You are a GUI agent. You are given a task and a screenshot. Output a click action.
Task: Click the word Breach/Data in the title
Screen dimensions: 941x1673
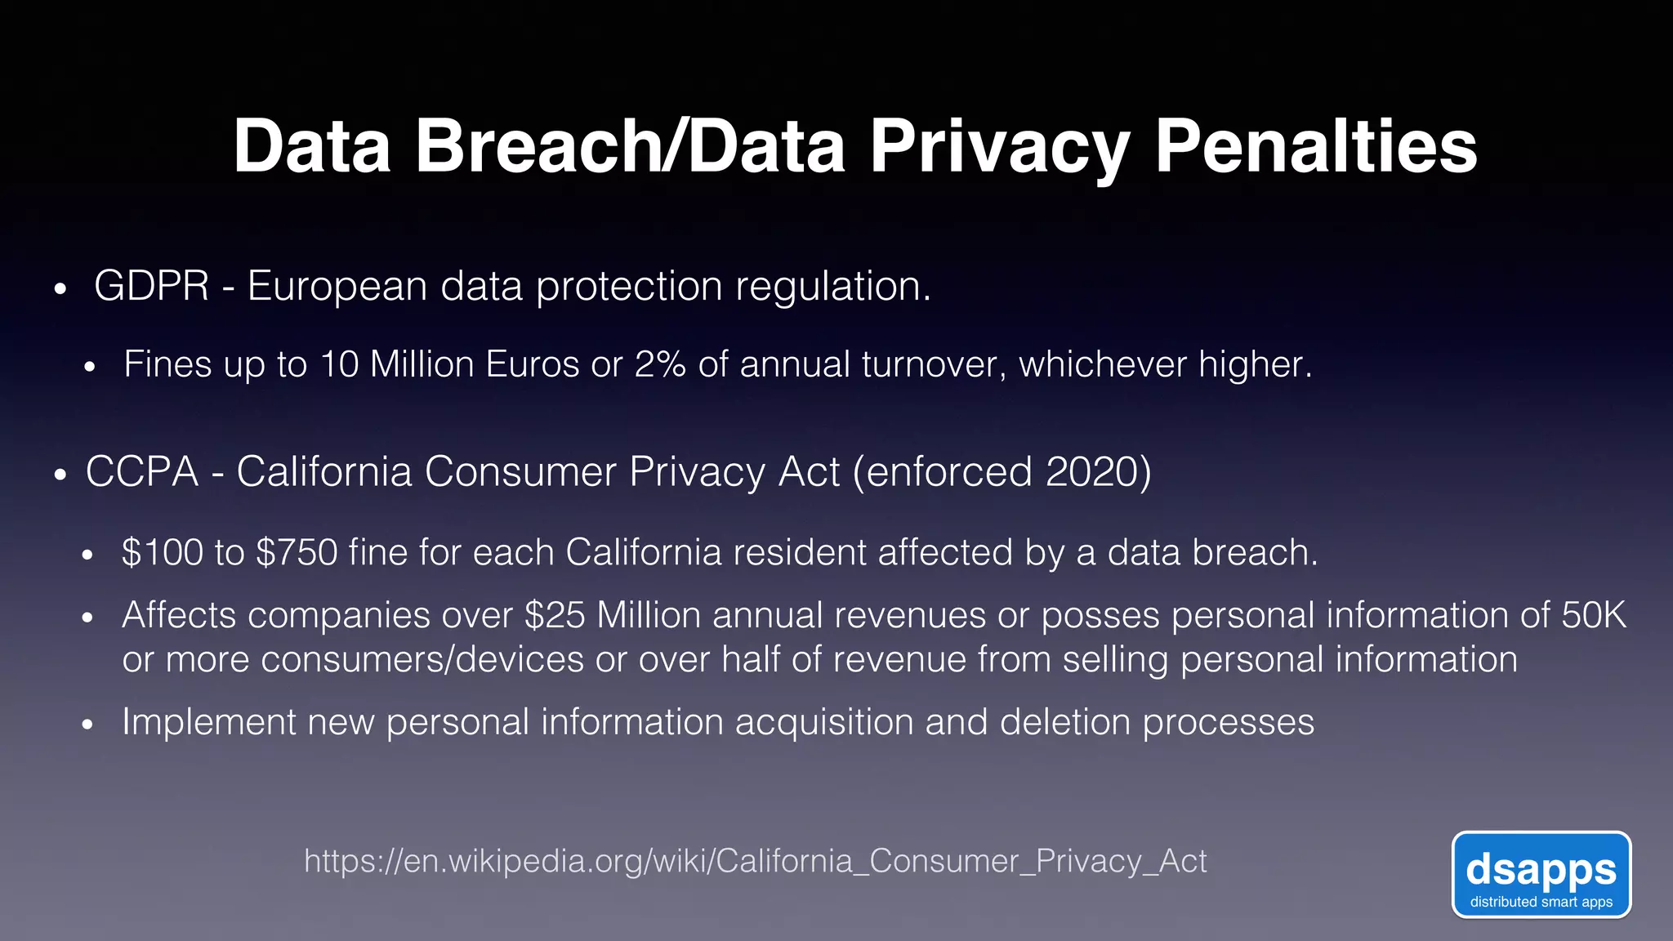point(631,147)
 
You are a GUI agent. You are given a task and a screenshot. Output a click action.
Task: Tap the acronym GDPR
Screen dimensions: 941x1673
point(152,287)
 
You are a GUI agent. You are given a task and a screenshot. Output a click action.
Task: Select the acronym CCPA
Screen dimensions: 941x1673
point(142,472)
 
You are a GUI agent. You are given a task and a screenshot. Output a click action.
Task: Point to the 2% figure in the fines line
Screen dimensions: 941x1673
point(659,364)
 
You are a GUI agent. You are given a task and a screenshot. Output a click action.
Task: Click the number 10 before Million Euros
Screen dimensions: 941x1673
point(339,364)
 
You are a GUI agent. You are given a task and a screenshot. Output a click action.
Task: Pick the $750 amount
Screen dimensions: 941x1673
point(297,552)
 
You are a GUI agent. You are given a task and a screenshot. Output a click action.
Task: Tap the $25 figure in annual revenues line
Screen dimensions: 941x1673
point(555,615)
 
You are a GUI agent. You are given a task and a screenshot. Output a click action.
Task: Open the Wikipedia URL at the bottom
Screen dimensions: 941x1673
point(755,861)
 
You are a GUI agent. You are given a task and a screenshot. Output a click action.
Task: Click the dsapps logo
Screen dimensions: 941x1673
point(1541,875)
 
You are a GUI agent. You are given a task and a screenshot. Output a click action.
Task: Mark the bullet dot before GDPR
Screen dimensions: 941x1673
point(59,290)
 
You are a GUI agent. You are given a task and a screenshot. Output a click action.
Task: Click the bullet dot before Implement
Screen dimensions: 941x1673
point(88,725)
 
